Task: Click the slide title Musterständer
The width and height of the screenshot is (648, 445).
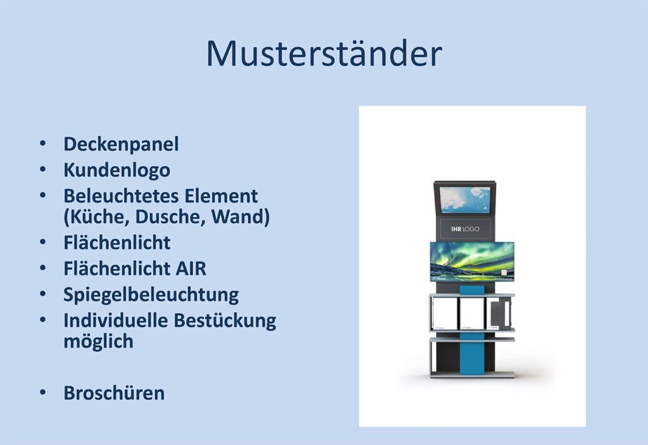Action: click(324, 53)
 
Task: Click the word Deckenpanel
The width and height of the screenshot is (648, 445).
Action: click(121, 144)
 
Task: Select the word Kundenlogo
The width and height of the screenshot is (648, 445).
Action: click(117, 170)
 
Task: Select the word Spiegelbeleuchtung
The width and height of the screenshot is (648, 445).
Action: click(151, 295)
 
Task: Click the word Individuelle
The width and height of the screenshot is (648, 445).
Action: click(115, 320)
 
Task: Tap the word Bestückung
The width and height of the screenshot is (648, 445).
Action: click(225, 321)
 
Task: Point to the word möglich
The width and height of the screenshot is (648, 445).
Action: click(98, 342)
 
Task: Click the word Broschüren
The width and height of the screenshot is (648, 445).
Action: click(114, 393)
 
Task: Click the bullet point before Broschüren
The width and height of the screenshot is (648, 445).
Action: click(42, 392)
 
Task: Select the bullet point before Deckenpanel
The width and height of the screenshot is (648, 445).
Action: click(42, 144)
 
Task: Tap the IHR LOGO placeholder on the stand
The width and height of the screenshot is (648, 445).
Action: click(465, 229)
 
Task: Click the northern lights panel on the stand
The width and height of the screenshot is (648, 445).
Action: click(472, 261)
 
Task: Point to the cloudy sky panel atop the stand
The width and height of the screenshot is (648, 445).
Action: click(465, 199)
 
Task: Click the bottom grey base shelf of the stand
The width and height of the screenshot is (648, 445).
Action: click(472, 374)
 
